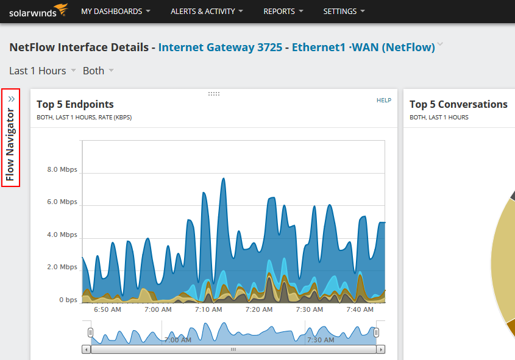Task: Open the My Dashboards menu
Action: pyautogui.click(x=116, y=12)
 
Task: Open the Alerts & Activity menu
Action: pyautogui.click(x=207, y=12)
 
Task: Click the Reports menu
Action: pyautogui.click(x=283, y=12)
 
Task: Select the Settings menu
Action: pyautogui.click(x=344, y=12)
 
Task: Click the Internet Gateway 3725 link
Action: pyautogui.click(x=220, y=47)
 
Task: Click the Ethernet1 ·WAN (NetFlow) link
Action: pyautogui.click(x=363, y=47)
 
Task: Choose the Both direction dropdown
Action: pyautogui.click(x=98, y=71)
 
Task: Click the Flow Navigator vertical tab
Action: pyautogui.click(x=10, y=138)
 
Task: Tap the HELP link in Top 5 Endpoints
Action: pyautogui.click(x=384, y=100)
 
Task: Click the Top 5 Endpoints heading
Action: pyautogui.click(x=75, y=104)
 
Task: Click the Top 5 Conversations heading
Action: pyautogui.click(x=458, y=104)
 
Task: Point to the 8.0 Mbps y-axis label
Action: pyautogui.click(x=62, y=169)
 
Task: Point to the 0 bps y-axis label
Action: pyautogui.click(x=68, y=300)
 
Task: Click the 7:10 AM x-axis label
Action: pyautogui.click(x=208, y=309)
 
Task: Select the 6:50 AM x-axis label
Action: pyautogui.click(x=107, y=309)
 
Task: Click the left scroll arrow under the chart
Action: pyautogui.click(x=87, y=350)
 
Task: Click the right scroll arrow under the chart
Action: pyautogui.click(x=380, y=350)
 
